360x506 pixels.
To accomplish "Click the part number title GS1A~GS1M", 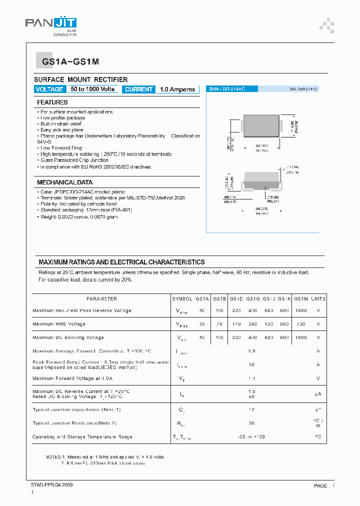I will pyautogui.click(x=63, y=61).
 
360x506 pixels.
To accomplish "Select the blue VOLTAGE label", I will pyautogui.click(x=49, y=89).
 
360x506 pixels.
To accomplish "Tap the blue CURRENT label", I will pyautogui.click(x=138, y=89).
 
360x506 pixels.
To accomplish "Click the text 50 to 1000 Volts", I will pyautogui.click(x=92, y=89).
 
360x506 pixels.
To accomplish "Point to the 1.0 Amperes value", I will pyautogui.click(x=177, y=89).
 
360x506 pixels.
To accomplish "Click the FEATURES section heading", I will pyautogui.click(x=52, y=102).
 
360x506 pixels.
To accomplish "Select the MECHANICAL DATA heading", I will pyautogui.click(x=64, y=182).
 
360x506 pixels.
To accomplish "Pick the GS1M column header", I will pyautogui.click(x=300, y=299).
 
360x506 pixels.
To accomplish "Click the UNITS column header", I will pyautogui.click(x=318, y=299).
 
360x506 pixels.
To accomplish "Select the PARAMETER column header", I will pyautogui.click(x=101, y=299).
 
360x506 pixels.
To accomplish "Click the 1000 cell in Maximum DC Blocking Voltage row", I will pyautogui.click(x=300, y=337).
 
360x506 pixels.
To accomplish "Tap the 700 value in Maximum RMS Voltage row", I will pyautogui.click(x=300, y=324).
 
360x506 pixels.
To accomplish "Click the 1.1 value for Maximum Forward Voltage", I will pyautogui.click(x=251, y=378).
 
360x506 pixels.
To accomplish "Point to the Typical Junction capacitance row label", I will pyautogui.click(x=76, y=410).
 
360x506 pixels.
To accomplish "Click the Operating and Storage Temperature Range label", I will pyautogui.click(x=82, y=437).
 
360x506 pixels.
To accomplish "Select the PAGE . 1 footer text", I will pyautogui.click(x=324, y=485).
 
